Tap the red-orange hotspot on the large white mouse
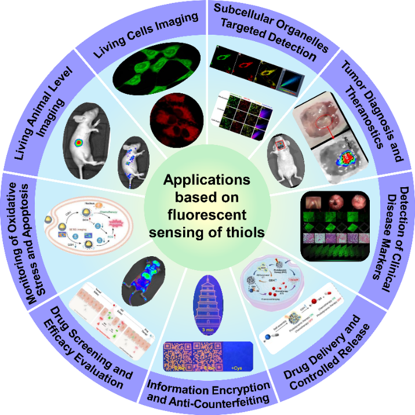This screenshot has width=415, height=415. (x=92, y=141)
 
